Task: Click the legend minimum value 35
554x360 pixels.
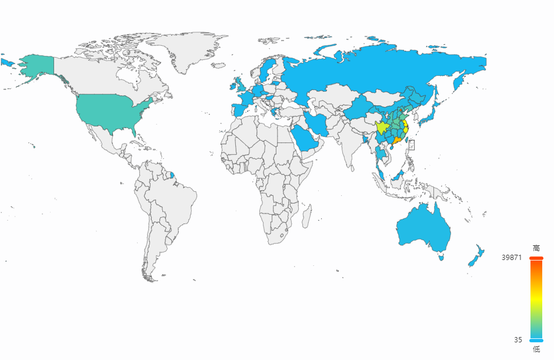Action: pyautogui.click(x=518, y=339)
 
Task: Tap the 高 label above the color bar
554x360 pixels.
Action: pyautogui.click(x=536, y=248)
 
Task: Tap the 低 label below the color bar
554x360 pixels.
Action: pyautogui.click(x=536, y=349)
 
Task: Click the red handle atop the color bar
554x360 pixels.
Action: pyautogui.click(x=536, y=258)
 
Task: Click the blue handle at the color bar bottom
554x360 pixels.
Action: pyautogui.click(x=536, y=340)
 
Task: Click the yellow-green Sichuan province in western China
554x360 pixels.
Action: pyautogui.click(x=382, y=127)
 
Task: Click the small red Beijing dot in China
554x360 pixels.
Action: pyautogui.click(x=401, y=109)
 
